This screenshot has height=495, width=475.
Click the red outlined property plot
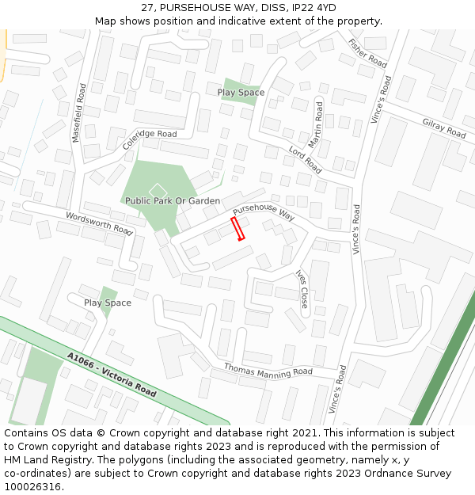click(237, 228)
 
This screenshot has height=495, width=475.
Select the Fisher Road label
click(367, 52)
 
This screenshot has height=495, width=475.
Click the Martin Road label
click(316, 124)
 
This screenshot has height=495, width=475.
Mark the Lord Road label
click(305, 160)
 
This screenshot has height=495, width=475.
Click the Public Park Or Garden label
click(173, 201)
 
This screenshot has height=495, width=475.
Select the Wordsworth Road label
click(99, 223)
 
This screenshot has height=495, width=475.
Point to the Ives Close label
click(302, 289)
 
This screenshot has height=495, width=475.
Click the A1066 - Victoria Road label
click(112, 375)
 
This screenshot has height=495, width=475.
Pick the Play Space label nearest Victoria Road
click(108, 303)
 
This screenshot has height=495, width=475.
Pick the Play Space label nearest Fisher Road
click(241, 93)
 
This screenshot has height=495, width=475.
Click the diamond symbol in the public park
click(158, 189)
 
